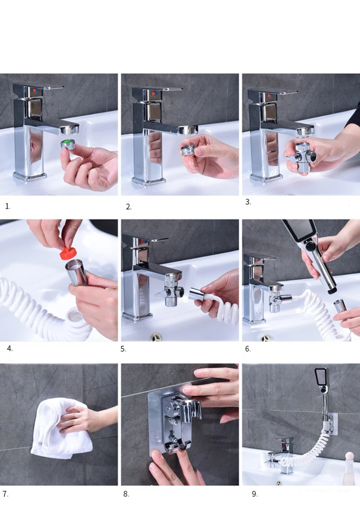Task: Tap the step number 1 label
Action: coord(8,206)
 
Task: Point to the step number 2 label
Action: coord(129,207)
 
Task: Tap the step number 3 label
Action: coord(248,202)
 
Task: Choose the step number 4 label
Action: coord(10,349)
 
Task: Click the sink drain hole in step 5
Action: coord(156,337)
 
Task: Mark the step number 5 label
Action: coord(123,349)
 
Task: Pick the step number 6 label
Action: coord(248,349)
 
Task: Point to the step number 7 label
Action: coord(5,494)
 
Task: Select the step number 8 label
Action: coord(126,494)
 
